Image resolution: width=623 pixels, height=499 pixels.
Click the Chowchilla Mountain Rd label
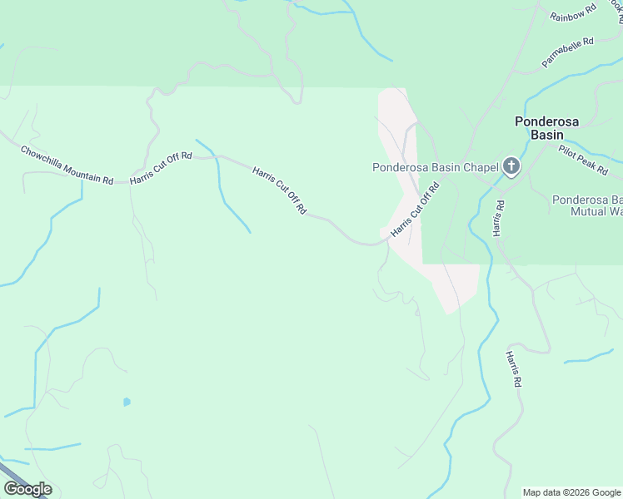pyautogui.click(x=67, y=166)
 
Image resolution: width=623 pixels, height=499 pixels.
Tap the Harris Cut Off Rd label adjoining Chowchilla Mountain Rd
pyautogui.click(x=161, y=167)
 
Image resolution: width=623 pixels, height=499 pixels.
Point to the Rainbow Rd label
pyautogui.click(x=574, y=12)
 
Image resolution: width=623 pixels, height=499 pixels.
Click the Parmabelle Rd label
pyautogui.click(x=567, y=52)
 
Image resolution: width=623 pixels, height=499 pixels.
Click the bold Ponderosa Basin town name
pyautogui.click(x=551, y=127)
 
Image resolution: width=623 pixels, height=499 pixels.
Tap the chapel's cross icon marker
pyautogui.click(x=511, y=167)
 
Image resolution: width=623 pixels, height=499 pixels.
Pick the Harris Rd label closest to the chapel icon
pyautogui.click(x=498, y=218)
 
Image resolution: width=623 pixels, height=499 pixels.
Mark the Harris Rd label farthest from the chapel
pyautogui.click(x=512, y=368)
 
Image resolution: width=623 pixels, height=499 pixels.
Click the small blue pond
pyautogui.click(x=127, y=402)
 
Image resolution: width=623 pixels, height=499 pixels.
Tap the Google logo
pyautogui.click(x=28, y=489)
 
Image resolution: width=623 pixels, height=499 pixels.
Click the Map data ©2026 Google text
pyautogui.click(x=572, y=492)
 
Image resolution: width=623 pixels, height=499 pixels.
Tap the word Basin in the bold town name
pyautogui.click(x=551, y=135)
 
